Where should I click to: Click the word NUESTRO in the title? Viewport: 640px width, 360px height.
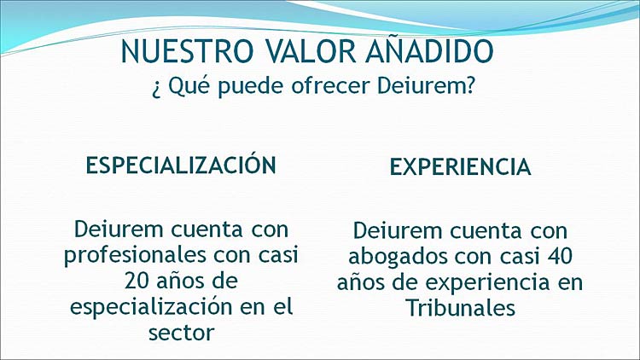pos(187,51)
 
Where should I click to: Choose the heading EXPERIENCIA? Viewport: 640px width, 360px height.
pos(461,167)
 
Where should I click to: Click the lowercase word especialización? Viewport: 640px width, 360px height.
pos(151,307)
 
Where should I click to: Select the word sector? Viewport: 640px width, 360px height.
pos(181,333)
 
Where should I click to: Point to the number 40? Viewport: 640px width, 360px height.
pos(558,256)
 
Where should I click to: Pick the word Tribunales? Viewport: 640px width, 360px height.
pos(461,308)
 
